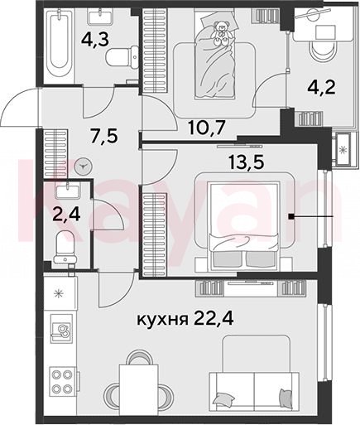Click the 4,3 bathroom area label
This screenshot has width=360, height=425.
point(95,41)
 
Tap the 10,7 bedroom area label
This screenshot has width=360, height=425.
point(207,128)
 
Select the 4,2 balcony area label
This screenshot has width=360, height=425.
point(321,88)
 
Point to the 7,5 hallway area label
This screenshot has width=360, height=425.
point(104,136)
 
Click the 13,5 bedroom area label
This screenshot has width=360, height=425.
point(247,162)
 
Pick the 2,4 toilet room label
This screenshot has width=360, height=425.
point(66,215)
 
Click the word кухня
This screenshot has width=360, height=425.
point(162,320)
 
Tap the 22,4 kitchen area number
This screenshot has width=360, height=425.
point(214,319)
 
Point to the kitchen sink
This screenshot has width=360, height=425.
point(62,328)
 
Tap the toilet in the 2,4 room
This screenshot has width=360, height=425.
point(65,248)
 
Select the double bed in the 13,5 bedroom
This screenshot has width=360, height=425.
point(242,226)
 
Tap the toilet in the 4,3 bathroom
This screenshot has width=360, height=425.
point(122,57)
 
